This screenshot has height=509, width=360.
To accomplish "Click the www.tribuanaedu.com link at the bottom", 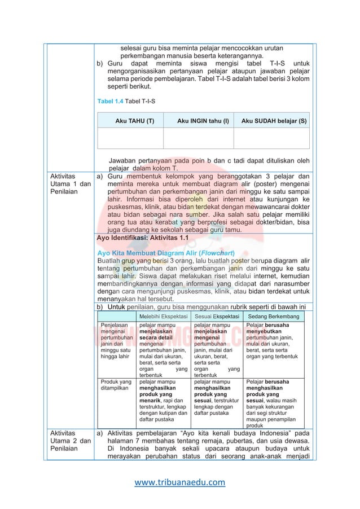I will pos(180,482).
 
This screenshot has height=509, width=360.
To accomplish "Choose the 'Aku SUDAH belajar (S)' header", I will pos(274,121).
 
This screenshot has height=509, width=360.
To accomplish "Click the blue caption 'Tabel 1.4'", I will pos(111,101).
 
